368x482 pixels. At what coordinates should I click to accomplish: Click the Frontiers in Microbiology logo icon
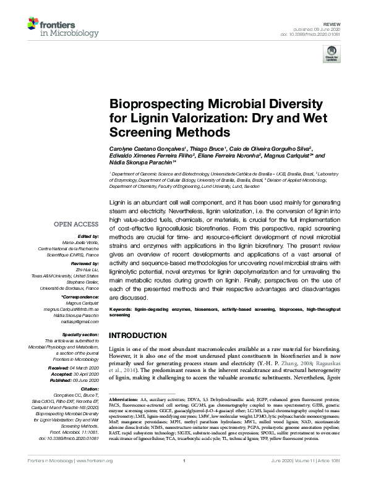[x=33, y=25]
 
